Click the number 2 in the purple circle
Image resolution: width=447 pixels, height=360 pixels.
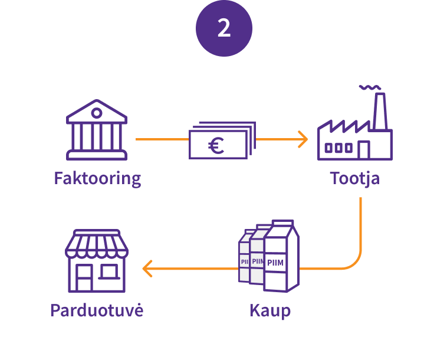coord(224,28)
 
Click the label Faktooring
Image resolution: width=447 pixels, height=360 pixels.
coord(97,178)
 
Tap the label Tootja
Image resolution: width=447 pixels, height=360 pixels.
coord(354,178)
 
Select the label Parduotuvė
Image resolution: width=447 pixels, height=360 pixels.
coord(97,310)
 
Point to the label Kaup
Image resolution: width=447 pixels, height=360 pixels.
coord(270,310)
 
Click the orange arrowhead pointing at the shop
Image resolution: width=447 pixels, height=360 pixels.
coord(147,269)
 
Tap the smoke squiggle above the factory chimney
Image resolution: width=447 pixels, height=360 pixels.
coord(369,87)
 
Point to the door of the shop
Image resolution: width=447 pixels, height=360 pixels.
coord(85,277)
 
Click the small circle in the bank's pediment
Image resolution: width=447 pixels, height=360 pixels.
coord(97,110)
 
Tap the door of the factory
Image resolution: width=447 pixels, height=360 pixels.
coord(363,150)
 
